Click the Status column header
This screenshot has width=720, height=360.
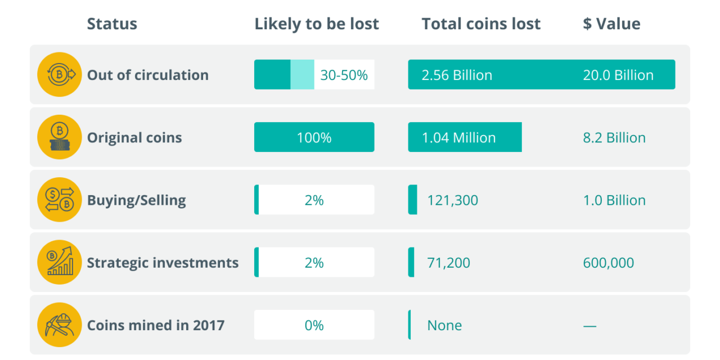tap(112, 24)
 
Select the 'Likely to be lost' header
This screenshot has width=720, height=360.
tap(317, 24)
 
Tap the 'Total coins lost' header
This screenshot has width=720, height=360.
tap(481, 24)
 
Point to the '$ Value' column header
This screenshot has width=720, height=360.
tap(611, 24)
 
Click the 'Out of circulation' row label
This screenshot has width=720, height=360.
tap(147, 75)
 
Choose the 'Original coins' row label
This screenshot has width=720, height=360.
tap(134, 138)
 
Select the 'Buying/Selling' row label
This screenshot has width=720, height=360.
tap(136, 200)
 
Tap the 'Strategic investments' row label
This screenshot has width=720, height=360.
tap(163, 263)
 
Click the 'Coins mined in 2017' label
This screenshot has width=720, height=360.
tap(156, 325)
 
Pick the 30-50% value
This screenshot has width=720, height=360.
tap(344, 75)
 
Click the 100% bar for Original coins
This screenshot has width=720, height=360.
tap(314, 138)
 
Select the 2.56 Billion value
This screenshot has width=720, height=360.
tap(457, 75)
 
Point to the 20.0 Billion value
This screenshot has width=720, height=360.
tap(618, 75)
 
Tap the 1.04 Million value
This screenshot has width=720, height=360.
tap(459, 138)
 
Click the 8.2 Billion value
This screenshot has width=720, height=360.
tap(614, 138)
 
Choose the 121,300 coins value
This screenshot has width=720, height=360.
tap(452, 200)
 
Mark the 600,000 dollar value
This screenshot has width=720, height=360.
tap(609, 263)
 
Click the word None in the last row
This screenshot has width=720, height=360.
tap(444, 325)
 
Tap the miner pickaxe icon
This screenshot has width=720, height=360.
tap(60, 325)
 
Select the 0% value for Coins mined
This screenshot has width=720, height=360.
tap(314, 325)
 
